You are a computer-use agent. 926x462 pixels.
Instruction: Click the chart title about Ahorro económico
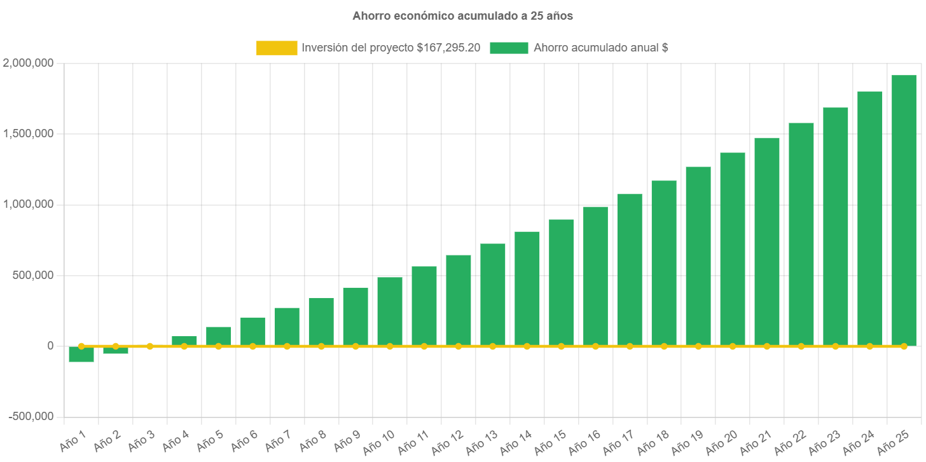[x=462, y=16]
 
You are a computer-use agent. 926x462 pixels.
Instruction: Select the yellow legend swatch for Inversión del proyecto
[x=277, y=48]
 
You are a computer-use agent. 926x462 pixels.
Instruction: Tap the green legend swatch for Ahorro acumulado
[x=509, y=48]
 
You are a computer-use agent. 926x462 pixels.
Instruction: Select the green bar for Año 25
[x=904, y=210]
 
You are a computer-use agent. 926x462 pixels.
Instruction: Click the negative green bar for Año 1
[x=81, y=355]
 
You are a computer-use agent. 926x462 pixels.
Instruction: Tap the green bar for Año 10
[x=390, y=311]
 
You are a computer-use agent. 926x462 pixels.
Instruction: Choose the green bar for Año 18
[x=664, y=263]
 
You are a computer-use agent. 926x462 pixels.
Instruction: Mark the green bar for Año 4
[x=184, y=340]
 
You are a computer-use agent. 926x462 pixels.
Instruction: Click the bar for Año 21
[x=767, y=241]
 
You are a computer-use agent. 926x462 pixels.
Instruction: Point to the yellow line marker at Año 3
[x=149, y=346]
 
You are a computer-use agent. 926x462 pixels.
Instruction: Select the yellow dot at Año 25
[x=904, y=346]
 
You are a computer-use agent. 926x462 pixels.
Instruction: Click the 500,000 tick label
[x=32, y=275]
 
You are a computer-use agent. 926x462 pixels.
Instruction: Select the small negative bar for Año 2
[x=116, y=351]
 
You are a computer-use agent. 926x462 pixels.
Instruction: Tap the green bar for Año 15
[x=561, y=283]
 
